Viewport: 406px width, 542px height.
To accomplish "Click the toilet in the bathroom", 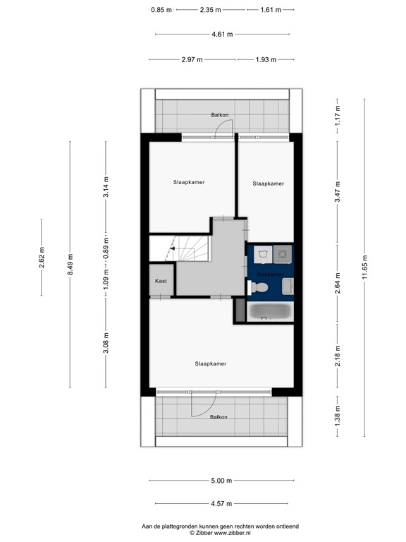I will point(259,287).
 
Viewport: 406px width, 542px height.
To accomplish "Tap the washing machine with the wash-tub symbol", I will point(262,253).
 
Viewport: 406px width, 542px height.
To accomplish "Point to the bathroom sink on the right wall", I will point(288,285).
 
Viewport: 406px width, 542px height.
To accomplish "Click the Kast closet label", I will point(161,281).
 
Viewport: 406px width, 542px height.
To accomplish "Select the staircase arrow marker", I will point(170,248).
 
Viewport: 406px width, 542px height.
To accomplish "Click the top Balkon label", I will point(219,114).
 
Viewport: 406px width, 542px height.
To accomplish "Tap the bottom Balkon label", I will point(219,417).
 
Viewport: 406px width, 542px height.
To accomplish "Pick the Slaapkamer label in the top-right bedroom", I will point(268,183).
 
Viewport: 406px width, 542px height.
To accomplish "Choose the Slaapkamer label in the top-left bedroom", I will point(189,182).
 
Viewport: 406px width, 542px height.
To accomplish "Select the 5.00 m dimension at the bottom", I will point(221,481).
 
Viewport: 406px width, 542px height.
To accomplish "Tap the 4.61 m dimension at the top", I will point(222,34).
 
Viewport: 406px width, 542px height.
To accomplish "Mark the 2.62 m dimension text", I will point(42,258).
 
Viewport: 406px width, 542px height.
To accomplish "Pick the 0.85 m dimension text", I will point(161,10).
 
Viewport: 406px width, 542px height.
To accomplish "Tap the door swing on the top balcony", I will point(223,127).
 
